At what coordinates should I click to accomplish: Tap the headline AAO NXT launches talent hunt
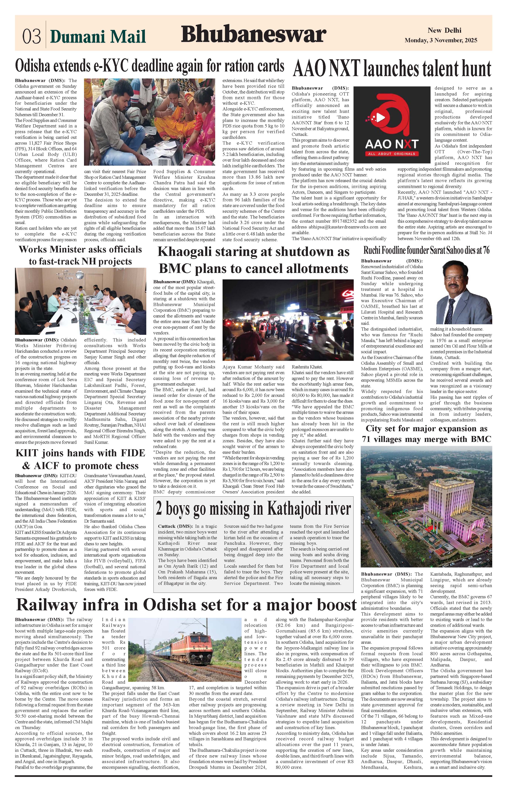(x=392, y=69)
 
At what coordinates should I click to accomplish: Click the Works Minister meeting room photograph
(x=81, y=301)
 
